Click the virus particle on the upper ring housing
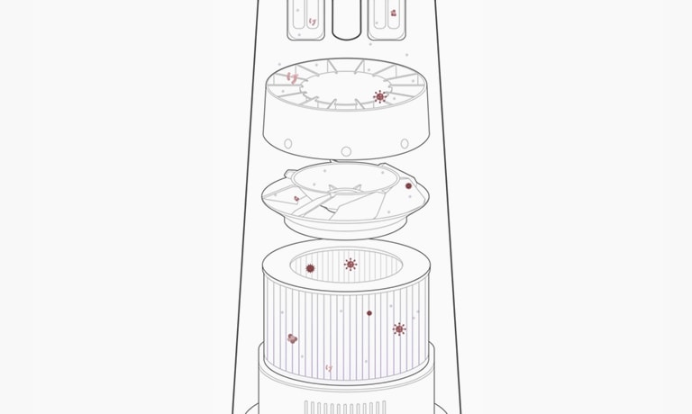pos(379,96)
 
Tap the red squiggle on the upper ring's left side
pos(291,77)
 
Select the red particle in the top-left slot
pos(312,20)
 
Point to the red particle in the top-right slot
pos(393,13)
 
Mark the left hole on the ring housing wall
pos(288,144)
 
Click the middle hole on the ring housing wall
pos(346,150)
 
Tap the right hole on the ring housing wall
pos(404,144)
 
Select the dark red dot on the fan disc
pos(408,185)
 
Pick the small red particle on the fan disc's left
pos(296,198)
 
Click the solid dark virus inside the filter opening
pos(310,268)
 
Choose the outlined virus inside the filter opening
pos(351,264)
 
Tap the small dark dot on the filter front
pos(369,313)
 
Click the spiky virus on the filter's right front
pos(399,329)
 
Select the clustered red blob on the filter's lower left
pos(292,338)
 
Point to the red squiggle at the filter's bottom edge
pos(328,368)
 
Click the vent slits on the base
pos(345,407)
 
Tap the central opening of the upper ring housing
pos(346,85)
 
